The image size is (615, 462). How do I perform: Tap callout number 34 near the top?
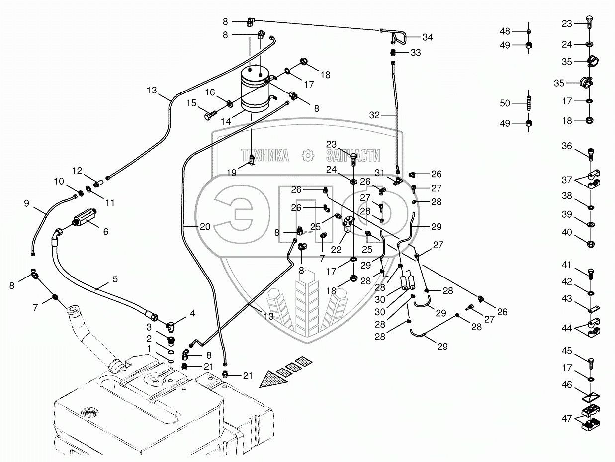(428, 37)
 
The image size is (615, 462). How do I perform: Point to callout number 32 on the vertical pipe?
(374, 115)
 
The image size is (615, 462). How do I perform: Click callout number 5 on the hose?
(115, 279)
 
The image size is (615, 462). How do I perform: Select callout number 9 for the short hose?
(27, 203)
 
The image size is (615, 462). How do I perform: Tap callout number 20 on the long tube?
(205, 226)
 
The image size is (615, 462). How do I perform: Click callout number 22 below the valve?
(336, 250)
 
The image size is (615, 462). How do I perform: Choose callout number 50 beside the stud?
(505, 103)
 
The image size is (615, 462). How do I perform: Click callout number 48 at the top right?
(505, 31)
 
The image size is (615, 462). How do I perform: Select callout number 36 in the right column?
(567, 146)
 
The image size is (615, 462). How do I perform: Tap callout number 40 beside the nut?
(567, 232)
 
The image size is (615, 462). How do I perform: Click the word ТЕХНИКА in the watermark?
(264, 156)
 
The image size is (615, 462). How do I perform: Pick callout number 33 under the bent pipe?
(415, 53)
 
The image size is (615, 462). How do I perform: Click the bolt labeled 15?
(209, 115)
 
